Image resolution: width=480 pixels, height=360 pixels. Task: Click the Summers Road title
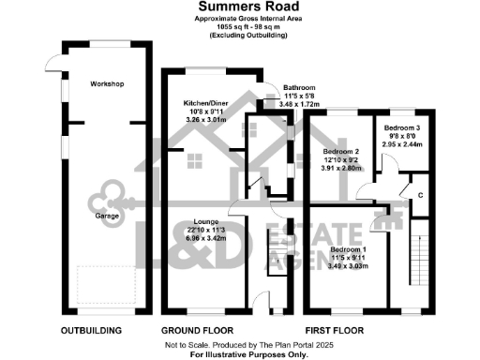pos(239,7)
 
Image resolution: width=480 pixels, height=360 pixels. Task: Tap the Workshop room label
pos(107,84)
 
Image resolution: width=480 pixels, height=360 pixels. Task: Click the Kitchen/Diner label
pos(203,104)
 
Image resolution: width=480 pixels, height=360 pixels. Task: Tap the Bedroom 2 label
pos(342,150)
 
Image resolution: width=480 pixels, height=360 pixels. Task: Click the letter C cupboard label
pos(419,194)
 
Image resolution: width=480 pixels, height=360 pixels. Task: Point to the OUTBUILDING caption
pos(91,331)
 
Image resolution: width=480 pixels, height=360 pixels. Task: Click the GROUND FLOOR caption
pos(198,331)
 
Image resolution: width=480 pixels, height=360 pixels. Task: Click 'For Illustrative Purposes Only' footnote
pos(239,354)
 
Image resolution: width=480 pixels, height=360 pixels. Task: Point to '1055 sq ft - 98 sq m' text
pos(239,27)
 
